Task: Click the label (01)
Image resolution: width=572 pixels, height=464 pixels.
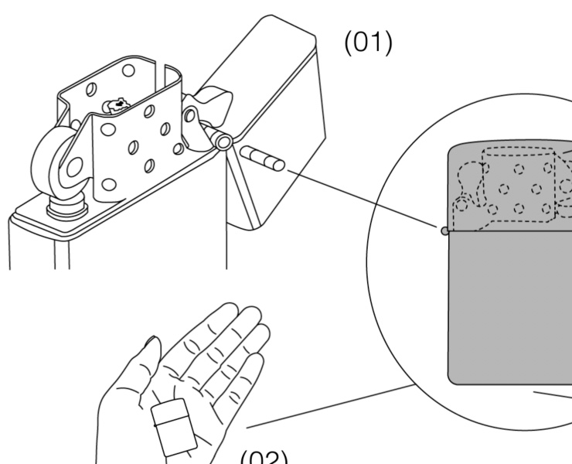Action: [368, 43]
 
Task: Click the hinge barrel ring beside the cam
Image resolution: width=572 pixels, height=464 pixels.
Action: [223, 142]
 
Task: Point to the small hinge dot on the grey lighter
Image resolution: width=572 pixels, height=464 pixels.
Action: [444, 230]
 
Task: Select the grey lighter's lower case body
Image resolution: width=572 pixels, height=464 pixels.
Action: [510, 309]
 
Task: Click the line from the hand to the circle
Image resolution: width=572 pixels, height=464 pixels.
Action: [325, 406]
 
